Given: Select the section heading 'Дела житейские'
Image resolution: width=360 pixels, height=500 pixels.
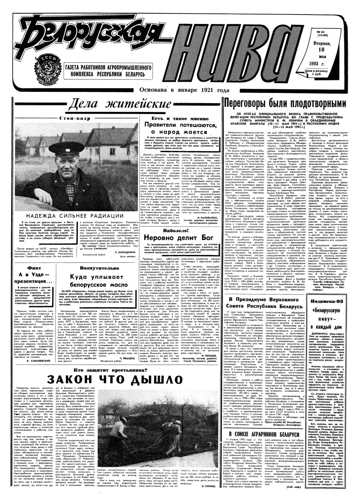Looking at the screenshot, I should (120, 105).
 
